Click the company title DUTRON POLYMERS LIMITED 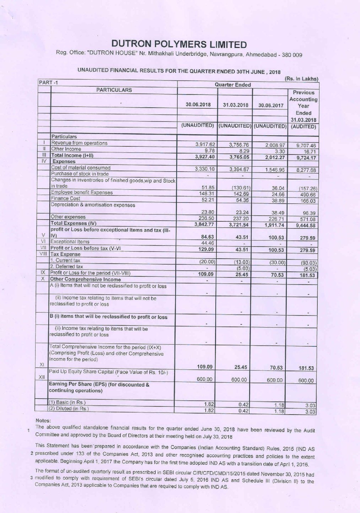pos(179,44)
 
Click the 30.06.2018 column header pos(198,105)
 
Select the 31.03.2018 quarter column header pos(235,105)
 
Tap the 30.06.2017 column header pos(271,106)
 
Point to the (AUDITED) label pos(303,126)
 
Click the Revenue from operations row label pos(79,143)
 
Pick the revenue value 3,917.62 pos(205,144)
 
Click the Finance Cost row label pos(65,199)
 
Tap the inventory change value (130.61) pos(241,188)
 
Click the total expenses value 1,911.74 pos(274,225)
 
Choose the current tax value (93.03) pos(308,263)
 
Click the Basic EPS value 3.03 pos(310,405)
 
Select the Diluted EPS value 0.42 pos(243,411)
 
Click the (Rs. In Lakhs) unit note pos(301,79)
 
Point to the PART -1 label pos(49,83)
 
